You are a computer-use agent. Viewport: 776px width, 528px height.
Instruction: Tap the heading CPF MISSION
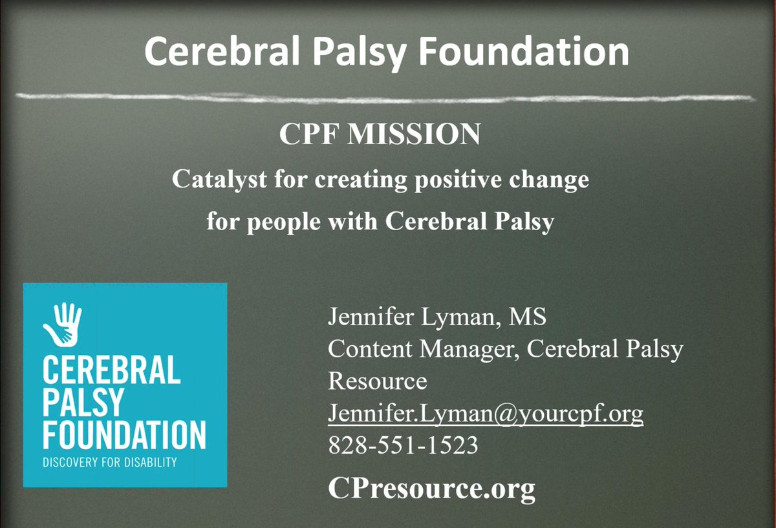[x=380, y=134]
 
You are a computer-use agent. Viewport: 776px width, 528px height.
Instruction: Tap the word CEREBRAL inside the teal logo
[x=111, y=372]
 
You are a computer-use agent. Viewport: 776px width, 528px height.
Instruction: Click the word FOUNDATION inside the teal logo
[x=124, y=435]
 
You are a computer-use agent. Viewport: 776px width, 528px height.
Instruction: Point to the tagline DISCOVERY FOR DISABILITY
[x=109, y=463]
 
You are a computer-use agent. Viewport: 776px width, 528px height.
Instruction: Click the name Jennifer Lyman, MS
[x=437, y=317]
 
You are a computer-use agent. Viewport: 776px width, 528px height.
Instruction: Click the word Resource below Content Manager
[x=378, y=381]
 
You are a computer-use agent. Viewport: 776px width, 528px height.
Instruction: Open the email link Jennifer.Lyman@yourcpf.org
[x=486, y=413]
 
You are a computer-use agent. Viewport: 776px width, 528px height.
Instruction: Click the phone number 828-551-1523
[x=403, y=445]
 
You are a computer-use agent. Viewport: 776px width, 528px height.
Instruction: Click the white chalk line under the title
[x=388, y=97]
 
